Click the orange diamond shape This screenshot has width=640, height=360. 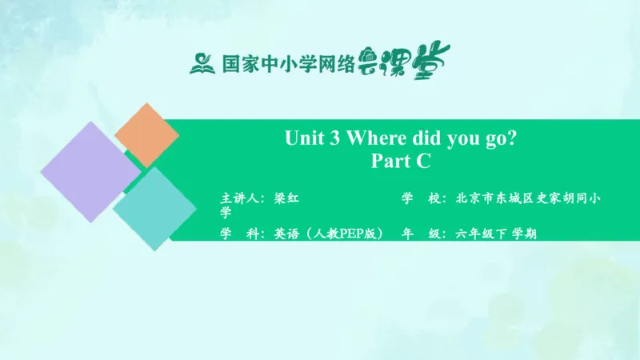147,134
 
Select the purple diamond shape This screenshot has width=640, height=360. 90,172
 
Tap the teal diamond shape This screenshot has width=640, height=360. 154,207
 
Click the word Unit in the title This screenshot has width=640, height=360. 302,138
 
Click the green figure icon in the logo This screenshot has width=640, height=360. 200,62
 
